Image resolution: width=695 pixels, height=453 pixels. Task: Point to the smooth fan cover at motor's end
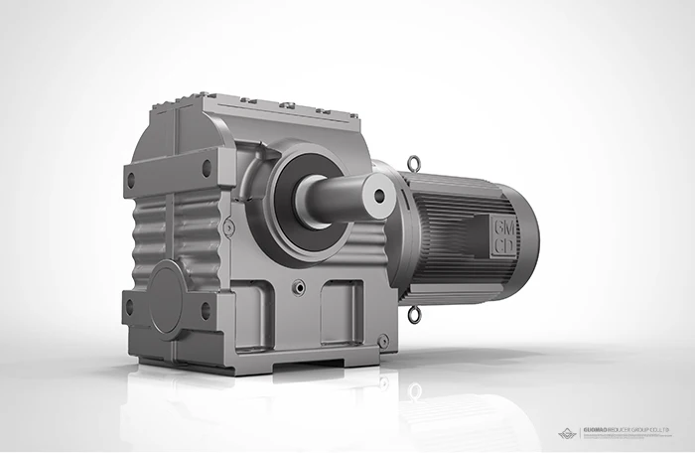point(524,238)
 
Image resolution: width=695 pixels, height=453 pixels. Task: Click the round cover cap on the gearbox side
point(169,297)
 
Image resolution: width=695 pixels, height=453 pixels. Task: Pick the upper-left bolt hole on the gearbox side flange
point(131,180)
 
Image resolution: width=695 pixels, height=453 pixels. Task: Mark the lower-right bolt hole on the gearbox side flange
point(207,310)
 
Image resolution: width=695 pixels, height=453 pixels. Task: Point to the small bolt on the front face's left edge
point(229,227)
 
